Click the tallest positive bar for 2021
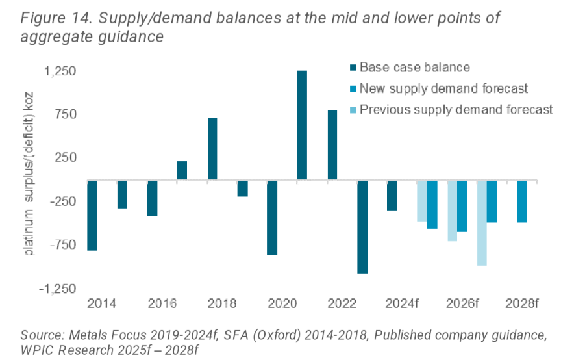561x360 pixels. click(x=302, y=125)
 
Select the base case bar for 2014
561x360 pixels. click(x=92, y=215)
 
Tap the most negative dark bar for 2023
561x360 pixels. click(x=362, y=227)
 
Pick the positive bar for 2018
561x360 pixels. click(x=212, y=149)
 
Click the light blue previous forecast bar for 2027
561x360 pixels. click(x=482, y=223)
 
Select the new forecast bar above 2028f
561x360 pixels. click(x=522, y=201)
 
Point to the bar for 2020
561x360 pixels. click(x=272, y=218)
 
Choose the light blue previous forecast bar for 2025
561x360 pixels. click(x=422, y=201)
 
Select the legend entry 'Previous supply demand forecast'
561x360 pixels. click(x=456, y=109)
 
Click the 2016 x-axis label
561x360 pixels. click(x=162, y=303)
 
